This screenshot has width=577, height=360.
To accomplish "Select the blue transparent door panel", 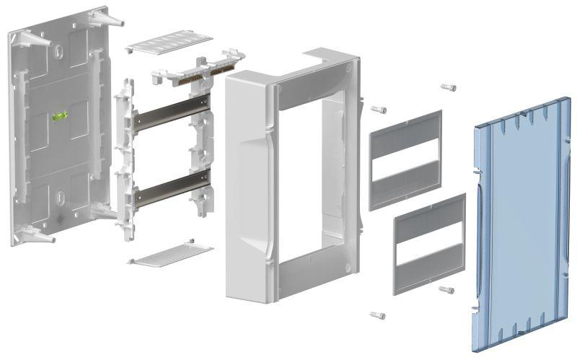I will click(519, 224).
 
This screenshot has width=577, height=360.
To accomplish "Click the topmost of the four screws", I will click(448, 87).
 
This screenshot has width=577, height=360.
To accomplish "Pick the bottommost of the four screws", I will click(377, 315).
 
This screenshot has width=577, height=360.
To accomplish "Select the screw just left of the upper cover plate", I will click(379, 110).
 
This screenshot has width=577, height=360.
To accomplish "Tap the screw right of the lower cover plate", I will click(446, 289).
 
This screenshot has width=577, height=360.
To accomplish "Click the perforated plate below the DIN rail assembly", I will click(170, 254).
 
